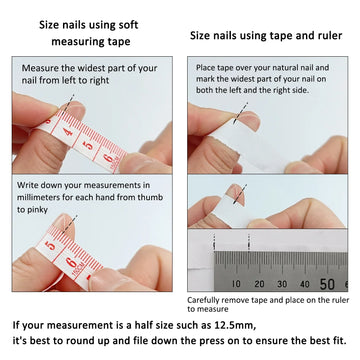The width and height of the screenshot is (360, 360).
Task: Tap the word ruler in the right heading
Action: coord(311,34)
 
